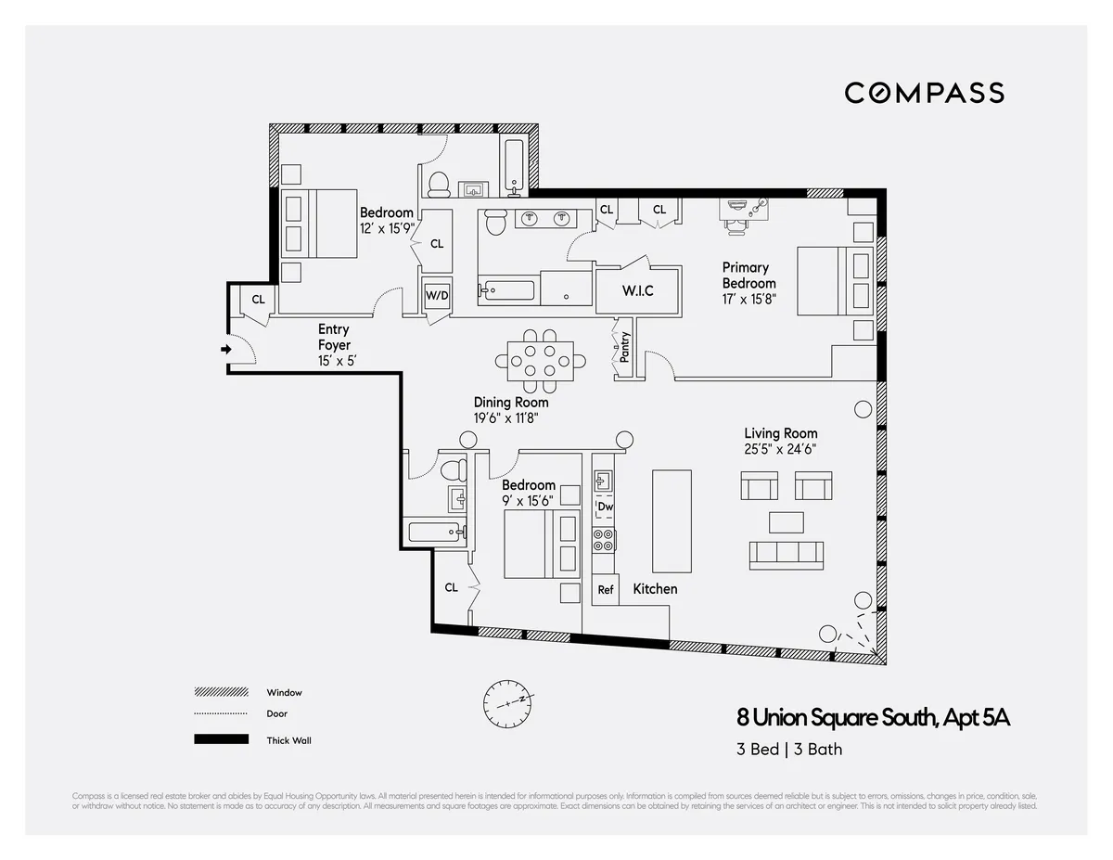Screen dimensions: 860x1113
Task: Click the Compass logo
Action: click(924, 93)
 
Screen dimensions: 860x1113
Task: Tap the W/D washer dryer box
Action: click(436, 295)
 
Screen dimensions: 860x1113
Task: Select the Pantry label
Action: click(625, 345)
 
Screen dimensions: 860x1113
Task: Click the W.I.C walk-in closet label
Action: click(637, 290)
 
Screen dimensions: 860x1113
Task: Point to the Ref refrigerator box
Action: click(606, 589)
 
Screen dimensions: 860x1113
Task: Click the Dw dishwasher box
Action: click(605, 507)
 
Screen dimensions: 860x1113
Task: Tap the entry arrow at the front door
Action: click(225, 350)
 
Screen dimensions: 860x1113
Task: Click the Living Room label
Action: click(781, 433)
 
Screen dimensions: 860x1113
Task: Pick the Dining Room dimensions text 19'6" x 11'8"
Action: click(505, 418)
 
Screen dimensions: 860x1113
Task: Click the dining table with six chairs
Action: click(539, 358)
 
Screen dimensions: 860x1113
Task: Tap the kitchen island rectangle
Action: click(672, 520)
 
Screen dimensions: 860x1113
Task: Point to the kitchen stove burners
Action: click(604, 540)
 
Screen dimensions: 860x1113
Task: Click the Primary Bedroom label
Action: click(748, 276)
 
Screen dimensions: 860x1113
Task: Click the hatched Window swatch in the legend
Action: click(222, 692)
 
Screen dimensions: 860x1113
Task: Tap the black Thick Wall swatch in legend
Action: click(222, 739)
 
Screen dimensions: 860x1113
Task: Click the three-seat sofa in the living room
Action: click(786, 553)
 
